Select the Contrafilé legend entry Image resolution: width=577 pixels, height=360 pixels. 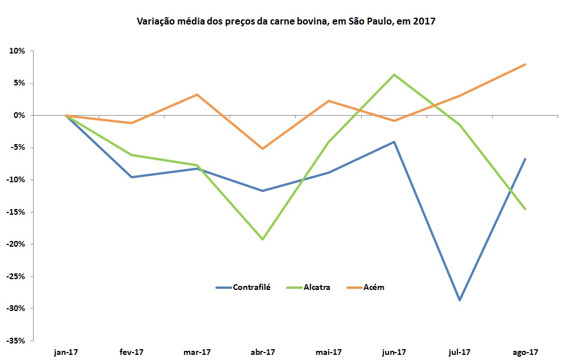pos(251,287)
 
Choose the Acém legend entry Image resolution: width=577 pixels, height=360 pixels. pos(373,287)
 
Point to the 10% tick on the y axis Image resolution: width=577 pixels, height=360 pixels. pos(18,51)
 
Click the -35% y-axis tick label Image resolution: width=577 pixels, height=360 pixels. pos(15,341)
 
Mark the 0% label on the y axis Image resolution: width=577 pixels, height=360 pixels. pos(19,116)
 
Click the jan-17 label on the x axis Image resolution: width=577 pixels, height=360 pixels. pos(66,352)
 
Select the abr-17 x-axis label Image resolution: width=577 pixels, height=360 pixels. pos(262,352)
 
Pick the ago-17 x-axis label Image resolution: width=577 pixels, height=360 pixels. pos(525,352)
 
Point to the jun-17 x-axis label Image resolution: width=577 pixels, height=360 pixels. pos(394,352)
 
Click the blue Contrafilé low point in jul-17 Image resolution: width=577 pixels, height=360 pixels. pos(459,300)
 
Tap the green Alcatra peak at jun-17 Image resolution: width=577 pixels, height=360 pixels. pos(394,75)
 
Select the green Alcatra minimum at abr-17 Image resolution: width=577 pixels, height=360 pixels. pos(262,239)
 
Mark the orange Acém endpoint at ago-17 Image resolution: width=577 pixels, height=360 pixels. pos(525,64)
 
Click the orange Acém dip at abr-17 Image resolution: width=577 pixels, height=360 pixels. pos(262,149)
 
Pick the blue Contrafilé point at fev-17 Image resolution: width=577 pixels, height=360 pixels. pos(131,177)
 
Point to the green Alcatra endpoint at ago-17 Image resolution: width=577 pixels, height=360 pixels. pos(525,209)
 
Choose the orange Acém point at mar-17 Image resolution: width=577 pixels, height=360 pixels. pos(197,95)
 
